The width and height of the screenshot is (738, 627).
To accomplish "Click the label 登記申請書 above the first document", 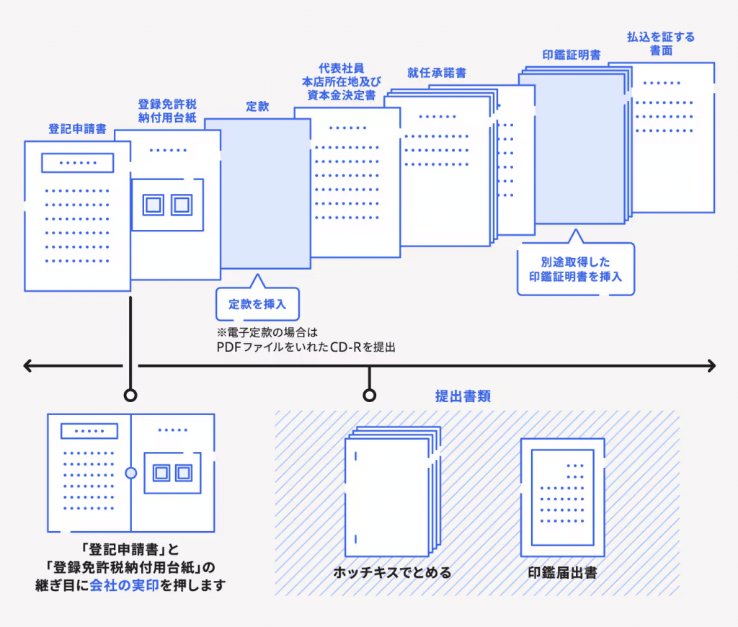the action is tap(78, 129).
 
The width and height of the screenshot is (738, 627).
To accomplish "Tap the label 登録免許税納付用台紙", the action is tap(167, 110).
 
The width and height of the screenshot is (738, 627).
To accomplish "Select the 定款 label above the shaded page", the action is tap(257, 107).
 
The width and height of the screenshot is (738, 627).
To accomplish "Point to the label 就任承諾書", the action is tap(437, 73).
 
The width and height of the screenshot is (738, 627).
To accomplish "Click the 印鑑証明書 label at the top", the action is tap(572, 55).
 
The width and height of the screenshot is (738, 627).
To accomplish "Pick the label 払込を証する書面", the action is tap(661, 44).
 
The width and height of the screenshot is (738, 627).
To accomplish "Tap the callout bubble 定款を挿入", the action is tap(257, 304).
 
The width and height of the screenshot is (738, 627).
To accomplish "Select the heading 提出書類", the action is tap(463, 396).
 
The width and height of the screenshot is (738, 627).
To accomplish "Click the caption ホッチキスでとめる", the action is tap(392, 572).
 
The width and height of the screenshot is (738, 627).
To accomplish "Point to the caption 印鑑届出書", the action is tap(562, 572).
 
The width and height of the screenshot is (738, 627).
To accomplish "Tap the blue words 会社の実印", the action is tap(124, 585).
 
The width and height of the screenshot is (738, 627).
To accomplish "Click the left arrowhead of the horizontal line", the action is tap(27, 366).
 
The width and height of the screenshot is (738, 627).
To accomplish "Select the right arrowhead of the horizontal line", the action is tap(711, 366).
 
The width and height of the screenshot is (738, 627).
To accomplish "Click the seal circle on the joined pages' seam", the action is tap(131, 473).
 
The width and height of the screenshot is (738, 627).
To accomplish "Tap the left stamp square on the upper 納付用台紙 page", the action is tap(154, 205).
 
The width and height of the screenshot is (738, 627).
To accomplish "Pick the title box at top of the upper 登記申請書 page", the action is tap(78, 163).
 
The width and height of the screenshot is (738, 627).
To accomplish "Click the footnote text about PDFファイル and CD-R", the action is tap(306, 340).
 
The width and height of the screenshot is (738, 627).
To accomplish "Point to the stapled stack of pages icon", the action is tap(393, 492).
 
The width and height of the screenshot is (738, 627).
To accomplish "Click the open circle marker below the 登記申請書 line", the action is tap(130, 395).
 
